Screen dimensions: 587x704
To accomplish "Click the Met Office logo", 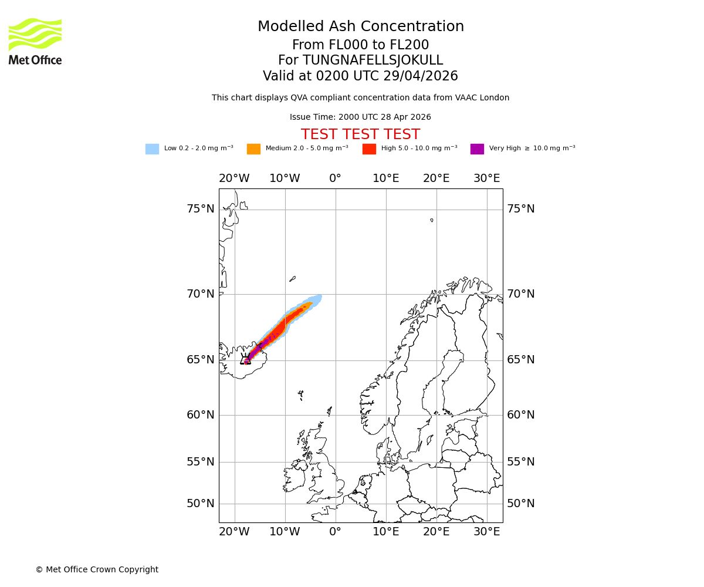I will click(35, 41).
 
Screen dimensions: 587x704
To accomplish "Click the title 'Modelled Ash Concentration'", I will click(361, 27).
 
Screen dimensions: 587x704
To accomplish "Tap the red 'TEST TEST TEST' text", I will click(360, 135).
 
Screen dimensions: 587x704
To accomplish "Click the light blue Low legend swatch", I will click(152, 149).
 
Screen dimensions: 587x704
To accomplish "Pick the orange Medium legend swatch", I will click(253, 149).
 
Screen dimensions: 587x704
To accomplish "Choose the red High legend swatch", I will click(369, 149).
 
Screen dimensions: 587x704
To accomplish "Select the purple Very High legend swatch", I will click(477, 149).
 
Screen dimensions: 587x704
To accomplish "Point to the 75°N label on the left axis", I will click(201, 209).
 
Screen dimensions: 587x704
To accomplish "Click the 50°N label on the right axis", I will click(521, 504).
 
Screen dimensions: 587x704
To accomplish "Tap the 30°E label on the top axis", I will click(487, 178).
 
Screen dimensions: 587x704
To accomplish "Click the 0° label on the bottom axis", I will click(335, 532).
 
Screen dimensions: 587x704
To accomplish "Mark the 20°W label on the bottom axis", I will click(234, 532).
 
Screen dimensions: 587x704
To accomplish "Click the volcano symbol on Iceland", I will click(245, 359).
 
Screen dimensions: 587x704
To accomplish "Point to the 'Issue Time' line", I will click(360, 117).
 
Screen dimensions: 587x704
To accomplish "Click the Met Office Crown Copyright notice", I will click(97, 569).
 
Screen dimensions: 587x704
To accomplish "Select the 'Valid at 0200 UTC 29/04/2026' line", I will click(360, 76).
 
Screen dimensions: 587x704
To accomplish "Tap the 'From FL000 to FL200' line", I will click(360, 45).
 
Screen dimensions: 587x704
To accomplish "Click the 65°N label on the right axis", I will click(521, 360).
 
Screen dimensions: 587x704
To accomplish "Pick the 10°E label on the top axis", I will click(386, 178).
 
